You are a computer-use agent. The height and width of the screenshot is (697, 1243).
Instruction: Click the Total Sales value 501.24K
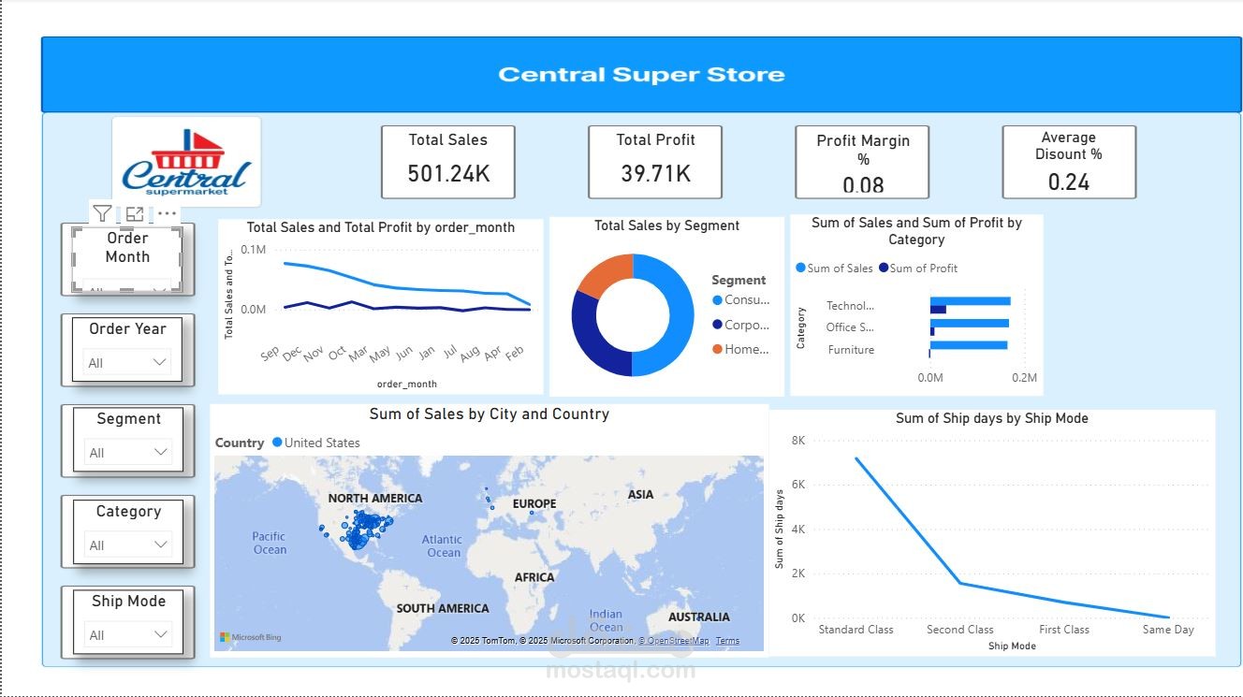(x=448, y=173)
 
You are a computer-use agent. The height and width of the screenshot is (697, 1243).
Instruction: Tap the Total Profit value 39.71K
(x=655, y=173)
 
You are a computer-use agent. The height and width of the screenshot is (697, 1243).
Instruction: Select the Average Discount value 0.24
(x=1069, y=182)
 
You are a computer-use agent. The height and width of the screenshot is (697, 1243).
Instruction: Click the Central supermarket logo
(x=186, y=163)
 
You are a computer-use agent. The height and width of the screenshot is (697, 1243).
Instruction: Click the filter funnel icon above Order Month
(x=102, y=214)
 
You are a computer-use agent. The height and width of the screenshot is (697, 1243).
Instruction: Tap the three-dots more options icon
(x=167, y=214)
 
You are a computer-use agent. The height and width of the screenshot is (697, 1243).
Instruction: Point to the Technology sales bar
(x=970, y=301)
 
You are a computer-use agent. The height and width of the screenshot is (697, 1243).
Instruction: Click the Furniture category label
(x=851, y=350)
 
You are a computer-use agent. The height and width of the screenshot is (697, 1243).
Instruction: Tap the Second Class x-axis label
(x=959, y=630)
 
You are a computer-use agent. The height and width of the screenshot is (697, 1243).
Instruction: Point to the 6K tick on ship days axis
(x=797, y=485)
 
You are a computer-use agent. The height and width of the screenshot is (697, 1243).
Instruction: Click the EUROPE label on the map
(x=534, y=503)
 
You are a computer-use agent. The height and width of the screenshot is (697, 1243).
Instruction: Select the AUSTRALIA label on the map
(x=698, y=617)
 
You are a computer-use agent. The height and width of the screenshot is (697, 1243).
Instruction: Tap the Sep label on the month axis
(x=270, y=354)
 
